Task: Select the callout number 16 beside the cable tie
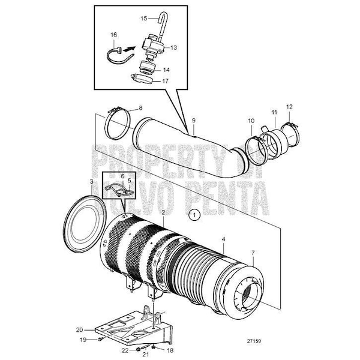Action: [x=114, y=35]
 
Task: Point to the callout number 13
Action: [x=175, y=47]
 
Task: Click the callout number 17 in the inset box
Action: [x=175, y=80]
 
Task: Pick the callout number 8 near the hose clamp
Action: [x=140, y=109]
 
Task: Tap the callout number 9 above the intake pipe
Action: [x=194, y=121]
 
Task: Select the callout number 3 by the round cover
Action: [x=91, y=181]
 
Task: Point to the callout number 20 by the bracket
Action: [x=79, y=329]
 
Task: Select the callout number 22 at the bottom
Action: [x=125, y=350]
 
